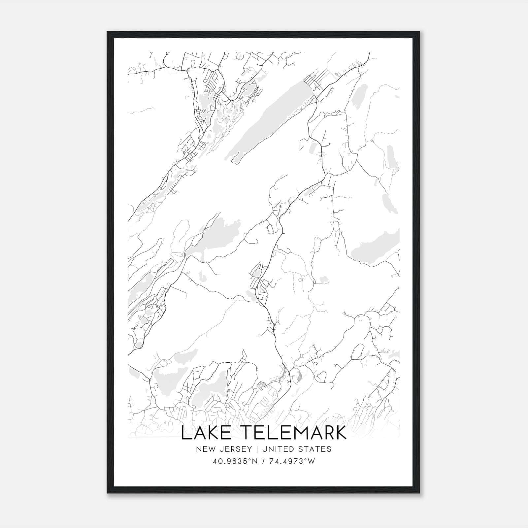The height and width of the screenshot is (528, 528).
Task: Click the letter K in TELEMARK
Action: click(341, 433)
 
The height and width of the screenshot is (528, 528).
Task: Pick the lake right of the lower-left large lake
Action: click(211, 389)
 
